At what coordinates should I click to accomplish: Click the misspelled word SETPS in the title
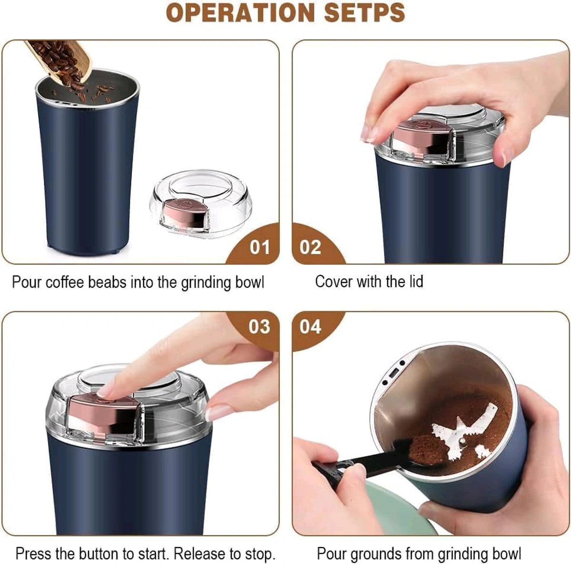[364, 13]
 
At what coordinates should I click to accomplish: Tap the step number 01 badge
[259, 247]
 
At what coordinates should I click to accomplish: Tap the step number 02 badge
[310, 247]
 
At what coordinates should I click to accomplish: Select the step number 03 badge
[259, 327]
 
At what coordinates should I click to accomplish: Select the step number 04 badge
[310, 327]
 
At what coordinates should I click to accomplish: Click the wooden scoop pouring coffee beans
[62, 57]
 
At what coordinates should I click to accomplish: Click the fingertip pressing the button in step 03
[106, 391]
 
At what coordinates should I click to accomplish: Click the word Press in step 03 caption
[34, 554]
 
